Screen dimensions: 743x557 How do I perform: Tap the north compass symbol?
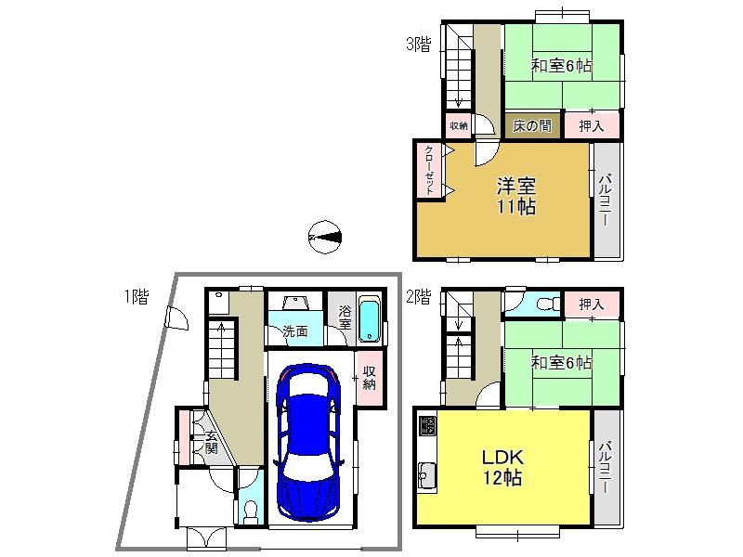tap(325, 237)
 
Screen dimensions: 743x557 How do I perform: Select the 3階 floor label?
tap(419, 45)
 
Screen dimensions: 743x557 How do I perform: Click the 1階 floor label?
tap(137, 296)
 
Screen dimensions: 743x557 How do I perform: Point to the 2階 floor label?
tap(419, 297)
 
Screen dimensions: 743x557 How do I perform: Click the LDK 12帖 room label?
tap(502, 468)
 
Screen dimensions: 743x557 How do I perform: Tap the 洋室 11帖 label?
tap(516, 196)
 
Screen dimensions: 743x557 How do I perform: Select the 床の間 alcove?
tap(532, 126)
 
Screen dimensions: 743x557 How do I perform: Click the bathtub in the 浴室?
tap(370, 319)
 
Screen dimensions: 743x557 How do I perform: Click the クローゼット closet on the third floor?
tap(429, 170)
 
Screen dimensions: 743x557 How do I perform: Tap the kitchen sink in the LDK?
tap(428, 475)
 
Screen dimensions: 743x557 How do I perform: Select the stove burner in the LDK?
tap(428, 426)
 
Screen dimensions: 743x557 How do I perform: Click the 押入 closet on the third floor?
tap(592, 125)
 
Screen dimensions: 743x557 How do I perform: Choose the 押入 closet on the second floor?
tap(592, 304)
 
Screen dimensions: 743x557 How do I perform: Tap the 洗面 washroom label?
tap(295, 331)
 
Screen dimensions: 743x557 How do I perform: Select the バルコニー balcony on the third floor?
tap(607, 200)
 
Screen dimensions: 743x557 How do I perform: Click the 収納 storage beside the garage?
tap(369, 378)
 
